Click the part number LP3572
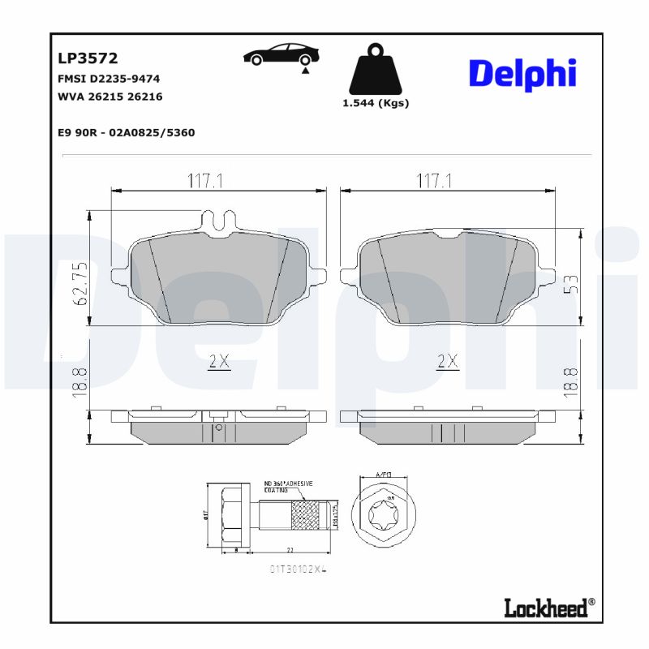click(x=88, y=58)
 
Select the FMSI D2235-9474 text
click(x=109, y=79)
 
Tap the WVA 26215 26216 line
click(x=110, y=97)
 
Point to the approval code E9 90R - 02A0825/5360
click(x=127, y=132)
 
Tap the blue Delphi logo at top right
click(x=522, y=74)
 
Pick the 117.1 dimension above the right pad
click(x=433, y=181)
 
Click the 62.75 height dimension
click(x=80, y=284)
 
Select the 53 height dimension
click(x=571, y=284)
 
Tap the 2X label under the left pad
click(x=219, y=362)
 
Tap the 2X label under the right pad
click(x=448, y=362)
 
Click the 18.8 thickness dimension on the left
click(x=80, y=380)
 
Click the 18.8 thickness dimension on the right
click(x=571, y=380)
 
